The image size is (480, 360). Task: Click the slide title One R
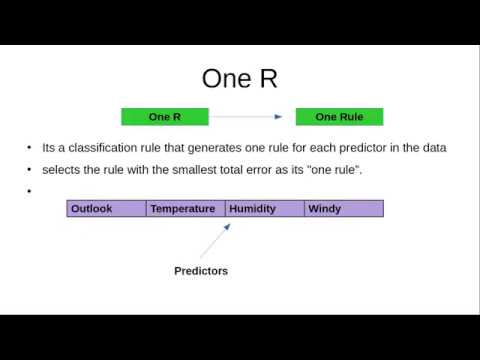click(240, 78)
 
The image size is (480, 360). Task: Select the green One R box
click(164, 117)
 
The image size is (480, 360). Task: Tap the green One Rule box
click(339, 117)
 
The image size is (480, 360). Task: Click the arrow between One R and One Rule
click(252, 117)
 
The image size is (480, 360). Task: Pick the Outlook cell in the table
click(106, 209)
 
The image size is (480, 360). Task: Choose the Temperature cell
click(185, 209)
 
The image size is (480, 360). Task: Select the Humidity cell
click(264, 209)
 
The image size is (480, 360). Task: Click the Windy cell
click(343, 209)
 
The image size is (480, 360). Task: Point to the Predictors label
click(201, 271)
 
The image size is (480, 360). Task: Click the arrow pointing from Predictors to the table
click(215, 241)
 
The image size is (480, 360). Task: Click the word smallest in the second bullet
click(187, 170)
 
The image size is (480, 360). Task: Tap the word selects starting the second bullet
click(62, 170)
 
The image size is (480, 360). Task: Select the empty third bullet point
click(30, 191)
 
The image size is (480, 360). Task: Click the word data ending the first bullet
click(433, 148)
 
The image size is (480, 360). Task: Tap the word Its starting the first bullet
click(50, 148)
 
